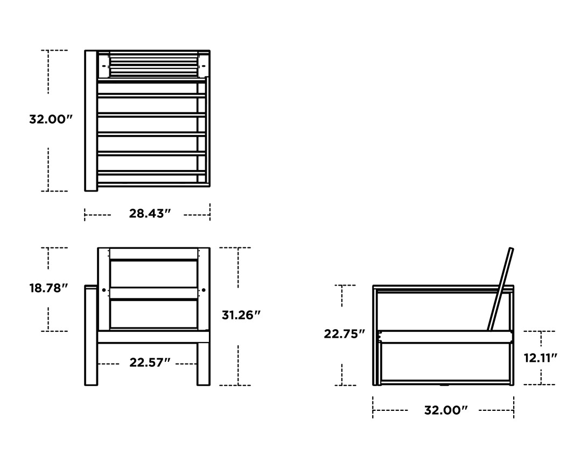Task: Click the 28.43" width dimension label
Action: click(150, 213)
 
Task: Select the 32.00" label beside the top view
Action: click(51, 119)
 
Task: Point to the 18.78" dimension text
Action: click(48, 288)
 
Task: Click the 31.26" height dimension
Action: click(241, 315)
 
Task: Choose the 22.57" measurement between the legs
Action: click(150, 362)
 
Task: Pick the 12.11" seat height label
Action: click(540, 358)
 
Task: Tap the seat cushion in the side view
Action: click(445, 337)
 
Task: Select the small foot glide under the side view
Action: click(445, 385)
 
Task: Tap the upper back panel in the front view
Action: click(153, 274)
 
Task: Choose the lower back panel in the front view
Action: click(153, 314)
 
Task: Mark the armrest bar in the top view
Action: click(90, 120)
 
